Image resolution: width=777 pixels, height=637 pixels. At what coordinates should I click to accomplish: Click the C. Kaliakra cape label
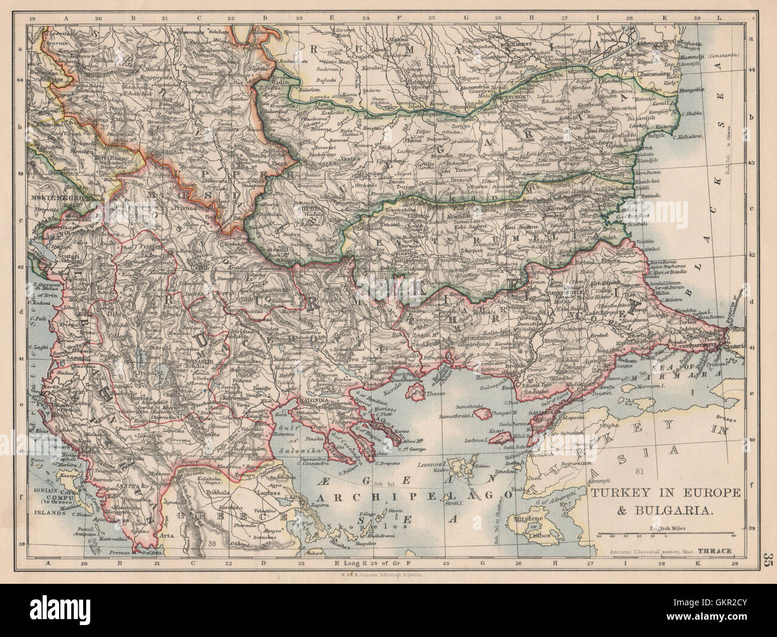click(705, 135)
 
